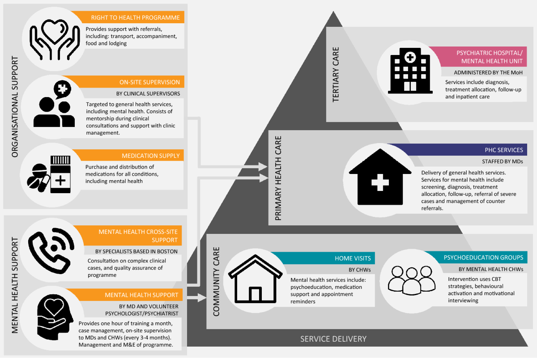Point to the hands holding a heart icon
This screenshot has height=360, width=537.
click(51, 36)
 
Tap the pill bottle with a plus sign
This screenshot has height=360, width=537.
click(60, 174)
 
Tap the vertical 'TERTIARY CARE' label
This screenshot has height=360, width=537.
click(336, 74)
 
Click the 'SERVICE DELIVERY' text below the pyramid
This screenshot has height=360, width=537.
click(333, 339)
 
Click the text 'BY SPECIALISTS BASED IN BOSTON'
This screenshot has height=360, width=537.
click(136, 251)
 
